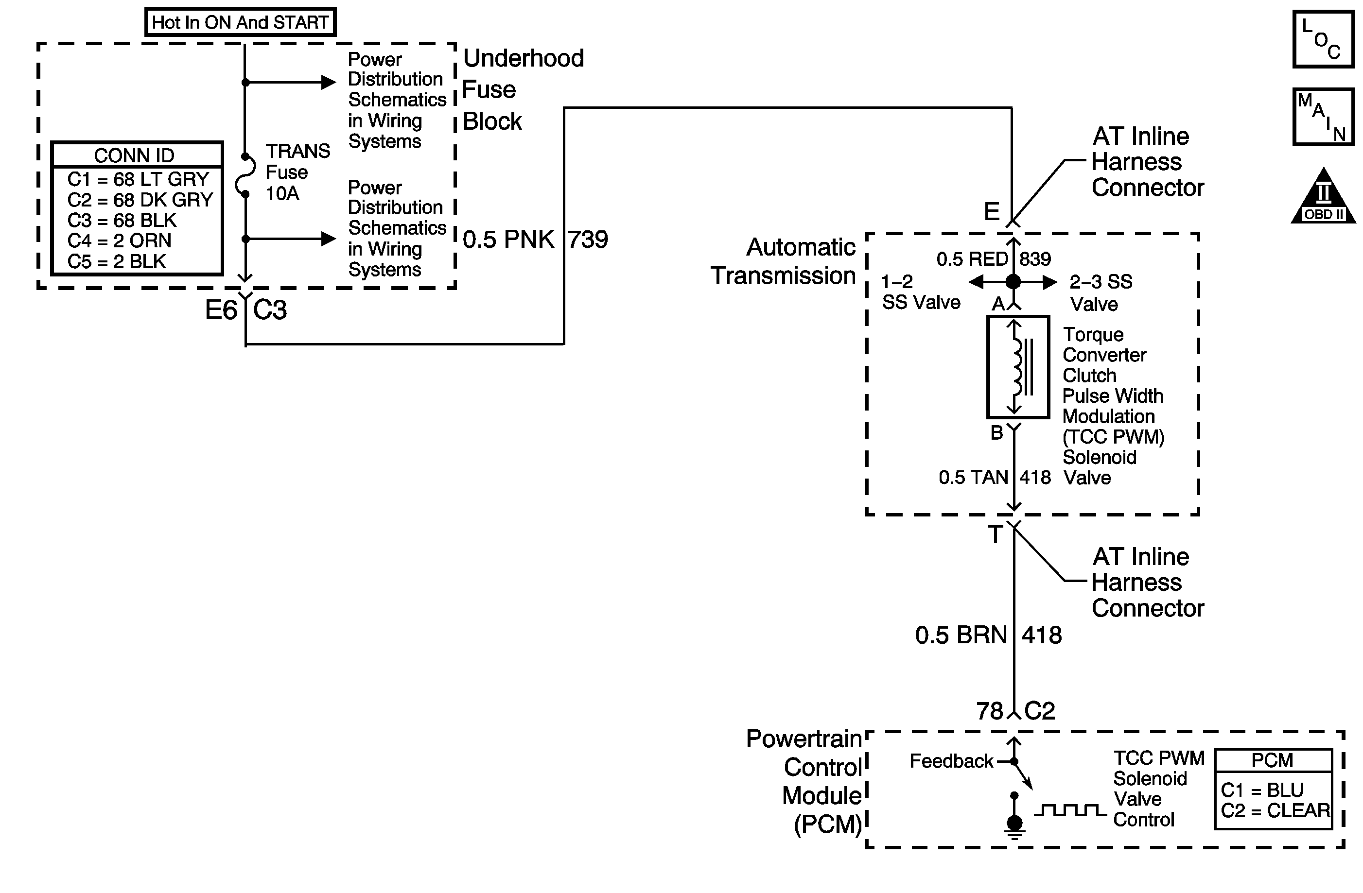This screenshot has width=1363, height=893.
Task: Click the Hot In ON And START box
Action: [240, 22]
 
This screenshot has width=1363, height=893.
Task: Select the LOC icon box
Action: [1323, 39]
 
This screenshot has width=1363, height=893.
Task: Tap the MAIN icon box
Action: [1323, 117]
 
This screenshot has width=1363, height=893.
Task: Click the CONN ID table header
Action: [136, 155]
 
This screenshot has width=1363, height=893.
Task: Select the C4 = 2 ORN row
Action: [119, 240]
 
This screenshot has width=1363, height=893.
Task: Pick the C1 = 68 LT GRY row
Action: [138, 179]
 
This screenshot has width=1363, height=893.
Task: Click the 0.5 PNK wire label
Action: [508, 239]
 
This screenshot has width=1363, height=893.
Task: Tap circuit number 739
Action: [588, 239]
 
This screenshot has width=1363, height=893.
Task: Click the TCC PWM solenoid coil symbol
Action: [1018, 367]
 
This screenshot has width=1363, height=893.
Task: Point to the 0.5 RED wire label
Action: [972, 259]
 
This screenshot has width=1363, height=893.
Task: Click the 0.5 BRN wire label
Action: [961, 635]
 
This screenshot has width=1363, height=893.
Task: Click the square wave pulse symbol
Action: [1070, 810]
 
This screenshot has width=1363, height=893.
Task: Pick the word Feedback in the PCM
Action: [951, 761]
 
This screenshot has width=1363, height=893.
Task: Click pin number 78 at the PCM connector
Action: [990, 711]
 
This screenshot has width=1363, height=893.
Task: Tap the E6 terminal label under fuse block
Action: [221, 310]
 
